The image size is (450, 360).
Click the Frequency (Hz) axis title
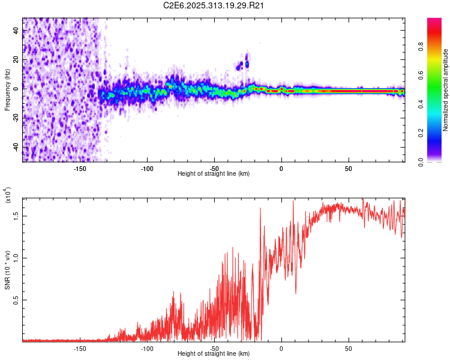coord(8,90)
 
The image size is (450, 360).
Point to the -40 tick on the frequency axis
coord(16,148)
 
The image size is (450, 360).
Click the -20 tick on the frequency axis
coord(16,118)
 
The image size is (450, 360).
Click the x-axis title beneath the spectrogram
coord(214,174)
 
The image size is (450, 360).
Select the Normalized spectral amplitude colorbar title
coord(446,90)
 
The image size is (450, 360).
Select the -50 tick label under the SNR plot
coord(214,347)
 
